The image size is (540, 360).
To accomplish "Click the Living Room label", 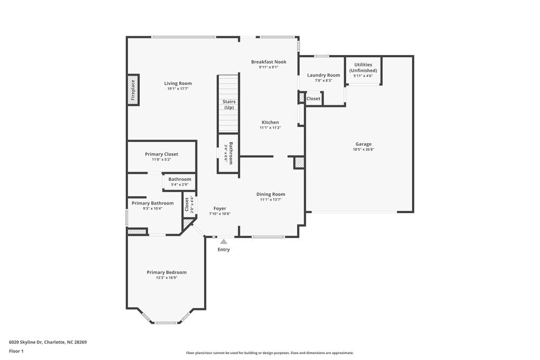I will [178, 83].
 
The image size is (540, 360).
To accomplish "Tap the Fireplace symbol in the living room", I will [133, 90].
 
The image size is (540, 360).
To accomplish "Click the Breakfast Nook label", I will [268, 62].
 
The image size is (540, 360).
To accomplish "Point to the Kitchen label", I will [270, 122].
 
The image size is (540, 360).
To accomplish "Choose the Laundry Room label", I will [323, 75].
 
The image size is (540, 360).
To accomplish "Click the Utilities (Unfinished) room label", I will [363, 67].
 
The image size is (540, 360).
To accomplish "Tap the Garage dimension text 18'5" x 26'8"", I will [363, 150].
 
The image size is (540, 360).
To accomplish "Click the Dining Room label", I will [271, 194].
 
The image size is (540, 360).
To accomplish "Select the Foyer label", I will [220, 208].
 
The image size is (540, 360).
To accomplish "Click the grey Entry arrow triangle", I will [224, 241].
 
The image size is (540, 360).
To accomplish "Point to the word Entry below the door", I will [224, 249].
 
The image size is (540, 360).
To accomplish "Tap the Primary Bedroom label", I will [166, 272].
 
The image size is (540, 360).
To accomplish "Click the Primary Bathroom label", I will [153, 203].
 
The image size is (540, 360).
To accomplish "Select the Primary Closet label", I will [161, 154].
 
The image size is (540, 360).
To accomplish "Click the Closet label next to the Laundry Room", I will [313, 99].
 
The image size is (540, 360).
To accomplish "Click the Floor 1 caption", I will [16, 351].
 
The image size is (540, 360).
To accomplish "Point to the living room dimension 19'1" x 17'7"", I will [178, 89].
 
